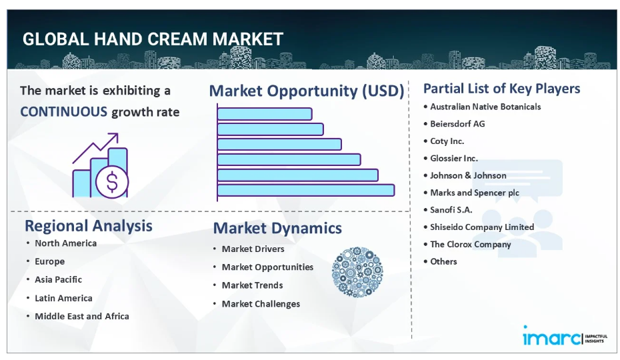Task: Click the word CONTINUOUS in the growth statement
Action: pyautogui.click(x=63, y=112)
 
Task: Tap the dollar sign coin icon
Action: pyautogui.click(x=112, y=182)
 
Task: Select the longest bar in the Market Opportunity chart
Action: pyautogui.click(x=305, y=190)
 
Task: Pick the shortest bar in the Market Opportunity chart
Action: pyautogui.click(x=265, y=114)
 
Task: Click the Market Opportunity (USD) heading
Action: pyautogui.click(x=307, y=91)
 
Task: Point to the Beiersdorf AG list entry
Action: pyautogui.click(x=457, y=124)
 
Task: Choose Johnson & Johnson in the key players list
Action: pyautogui.click(x=468, y=175)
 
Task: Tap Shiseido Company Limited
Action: pyautogui.click(x=482, y=227)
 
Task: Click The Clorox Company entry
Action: pyautogui.click(x=471, y=245)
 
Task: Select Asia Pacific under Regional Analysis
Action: pyautogui.click(x=58, y=280)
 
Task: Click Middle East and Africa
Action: pyautogui.click(x=82, y=316)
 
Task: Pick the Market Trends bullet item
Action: pyautogui.click(x=252, y=285)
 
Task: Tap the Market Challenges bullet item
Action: pyautogui.click(x=261, y=304)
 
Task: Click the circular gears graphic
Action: pyautogui.click(x=357, y=272)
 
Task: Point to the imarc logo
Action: pyautogui.click(x=565, y=337)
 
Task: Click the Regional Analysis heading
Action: pyautogui.click(x=89, y=226)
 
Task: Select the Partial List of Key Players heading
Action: pyautogui.click(x=502, y=89)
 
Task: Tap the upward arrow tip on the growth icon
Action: pyautogui.click(x=117, y=134)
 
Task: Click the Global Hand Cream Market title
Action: pyautogui.click(x=153, y=39)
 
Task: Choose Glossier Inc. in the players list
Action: pyautogui.click(x=454, y=158)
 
